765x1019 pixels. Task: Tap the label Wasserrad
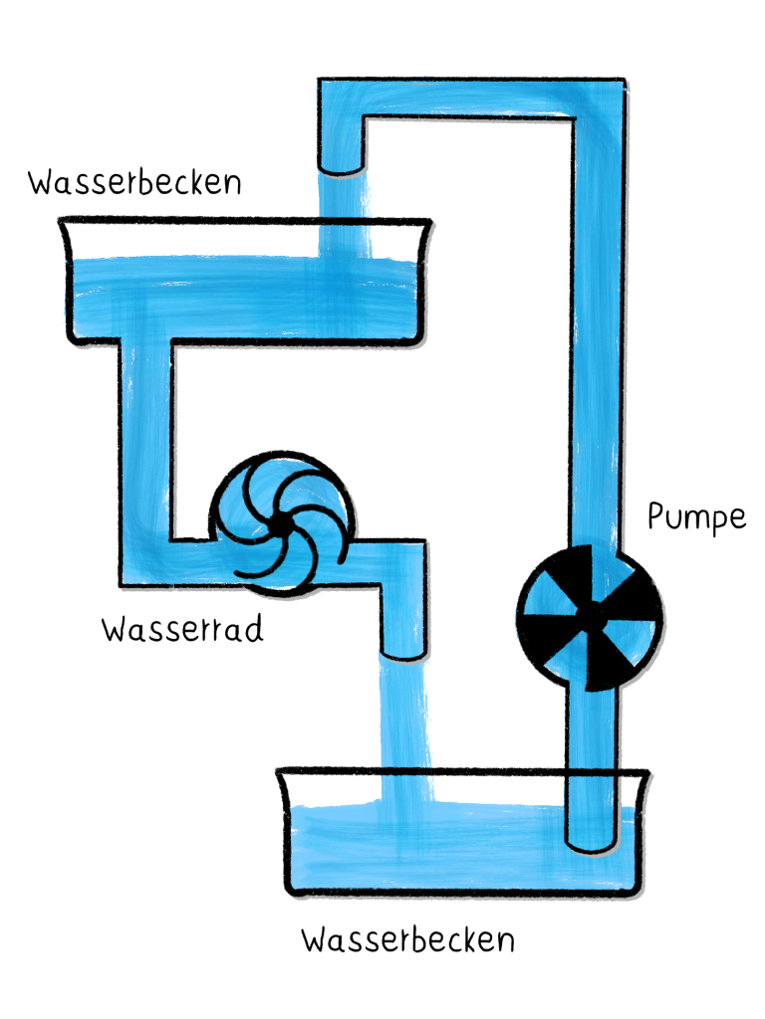(x=182, y=630)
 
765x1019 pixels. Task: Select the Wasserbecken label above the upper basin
(x=134, y=184)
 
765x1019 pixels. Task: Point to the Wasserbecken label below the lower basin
(x=408, y=939)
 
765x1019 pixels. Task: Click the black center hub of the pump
(x=591, y=617)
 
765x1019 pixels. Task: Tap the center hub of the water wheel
(x=280, y=520)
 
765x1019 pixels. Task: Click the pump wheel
(x=591, y=617)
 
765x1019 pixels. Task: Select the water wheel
(x=280, y=520)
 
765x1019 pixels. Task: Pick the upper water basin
(x=245, y=284)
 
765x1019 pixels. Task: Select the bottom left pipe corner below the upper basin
(x=144, y=562)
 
